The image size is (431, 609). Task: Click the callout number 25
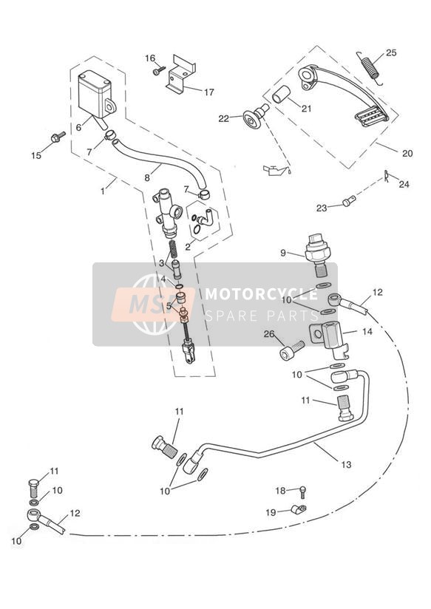pos(390,52)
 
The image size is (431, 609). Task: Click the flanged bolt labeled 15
pos(58,137)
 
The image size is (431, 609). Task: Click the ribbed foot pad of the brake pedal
pos(371,117)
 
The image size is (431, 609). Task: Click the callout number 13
pos(346,464)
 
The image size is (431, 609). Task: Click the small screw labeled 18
pos(303,491)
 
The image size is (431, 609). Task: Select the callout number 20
pos(407,154)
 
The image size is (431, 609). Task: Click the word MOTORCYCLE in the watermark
pos(261,294)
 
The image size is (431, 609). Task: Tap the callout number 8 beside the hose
pos(147,178)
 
